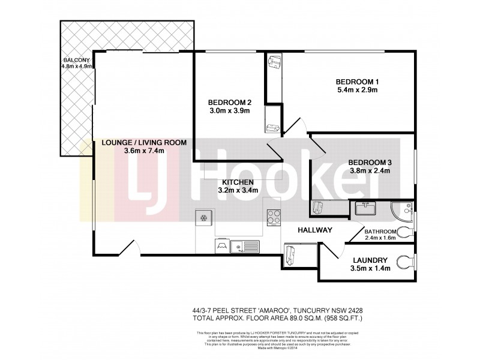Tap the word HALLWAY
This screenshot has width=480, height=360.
tap(316, 230)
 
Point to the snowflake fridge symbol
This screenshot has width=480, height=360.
tap(203, 217)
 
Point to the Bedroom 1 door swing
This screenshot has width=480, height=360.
tap(295, 126)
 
